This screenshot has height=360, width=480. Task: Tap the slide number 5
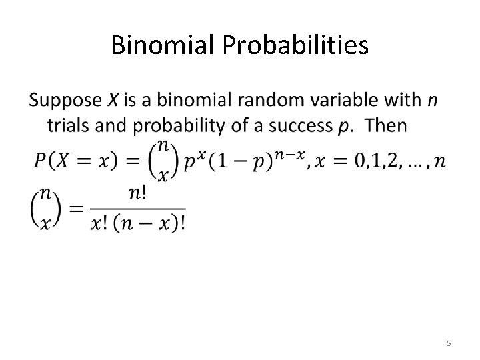449,343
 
